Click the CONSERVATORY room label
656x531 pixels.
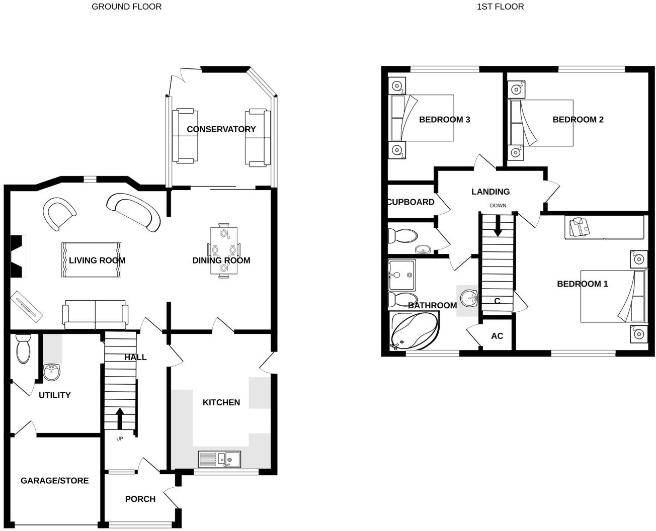(221, 129)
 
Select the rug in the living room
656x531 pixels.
(92, 259)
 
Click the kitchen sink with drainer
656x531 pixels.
(220, 459)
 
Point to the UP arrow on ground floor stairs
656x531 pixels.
(120, 418)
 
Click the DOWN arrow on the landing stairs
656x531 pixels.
(498, 225)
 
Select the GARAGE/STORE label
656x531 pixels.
(54, 481)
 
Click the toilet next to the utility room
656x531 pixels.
(23, 349)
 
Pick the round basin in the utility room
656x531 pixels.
(52, 373)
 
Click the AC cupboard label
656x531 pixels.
(497, 336)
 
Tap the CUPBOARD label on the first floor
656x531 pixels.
(411, 202)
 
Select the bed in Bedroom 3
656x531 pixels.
(423, 118)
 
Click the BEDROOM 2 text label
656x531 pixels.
(578, 120)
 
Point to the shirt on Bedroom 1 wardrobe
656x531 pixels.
(579, 227)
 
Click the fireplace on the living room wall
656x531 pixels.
(18, 256)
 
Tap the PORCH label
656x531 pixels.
(140, 499)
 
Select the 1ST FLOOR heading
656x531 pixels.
(500, 7)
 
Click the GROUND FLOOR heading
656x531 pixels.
(126, 7)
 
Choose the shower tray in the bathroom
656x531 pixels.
(401, 275)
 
